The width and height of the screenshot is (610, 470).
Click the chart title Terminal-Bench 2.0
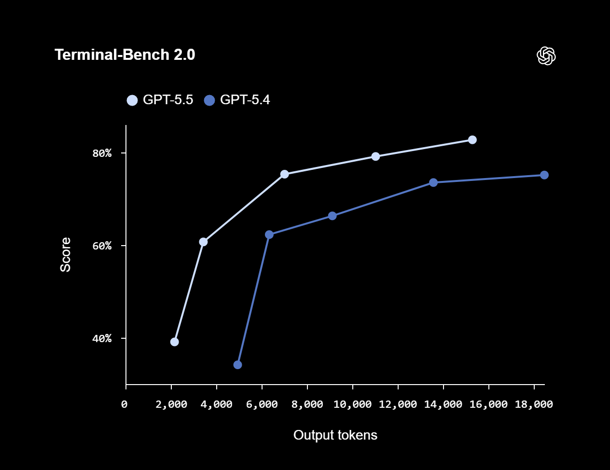[125, 55]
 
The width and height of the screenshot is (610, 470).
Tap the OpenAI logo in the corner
[546, 56]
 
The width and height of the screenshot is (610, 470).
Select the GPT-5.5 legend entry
[160, 100]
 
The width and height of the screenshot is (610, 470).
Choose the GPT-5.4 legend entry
[237, 100]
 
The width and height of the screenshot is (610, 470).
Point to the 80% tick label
[102, 153]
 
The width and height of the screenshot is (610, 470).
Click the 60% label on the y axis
[102, 246]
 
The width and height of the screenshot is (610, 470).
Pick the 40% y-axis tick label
[102, 339]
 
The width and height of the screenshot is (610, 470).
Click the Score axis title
[65, 255]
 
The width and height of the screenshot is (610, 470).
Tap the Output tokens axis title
[335, 435]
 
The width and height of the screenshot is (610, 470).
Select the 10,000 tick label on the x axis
[352, 404]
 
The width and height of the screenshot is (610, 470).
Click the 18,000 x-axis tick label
[534, 404]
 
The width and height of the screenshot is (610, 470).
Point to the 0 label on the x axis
[125, 404]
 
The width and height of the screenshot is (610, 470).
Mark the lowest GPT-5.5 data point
[175, 342]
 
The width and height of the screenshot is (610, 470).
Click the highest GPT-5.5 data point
[472, 140]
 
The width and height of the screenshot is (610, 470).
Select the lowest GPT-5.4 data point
[237, 365]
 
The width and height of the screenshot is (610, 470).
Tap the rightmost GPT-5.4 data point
[544, 175]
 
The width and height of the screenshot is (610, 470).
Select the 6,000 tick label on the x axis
[262, 404]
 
